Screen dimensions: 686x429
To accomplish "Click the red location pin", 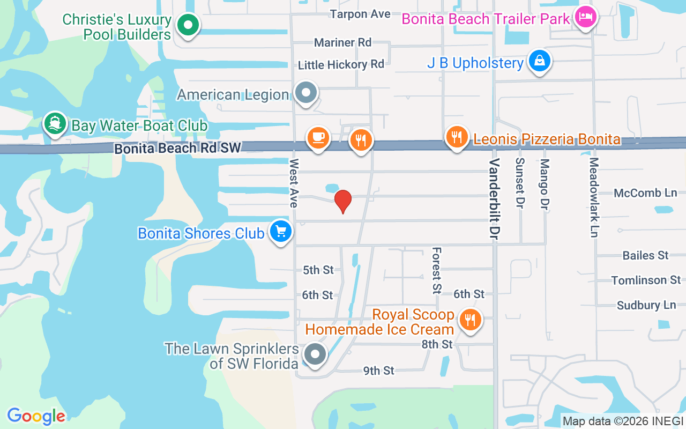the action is [343, 201].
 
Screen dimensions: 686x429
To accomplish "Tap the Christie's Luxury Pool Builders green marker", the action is [188, 25].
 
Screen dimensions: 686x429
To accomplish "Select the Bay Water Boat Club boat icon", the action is [55, 124].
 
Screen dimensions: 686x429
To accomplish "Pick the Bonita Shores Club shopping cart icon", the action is [280, 232].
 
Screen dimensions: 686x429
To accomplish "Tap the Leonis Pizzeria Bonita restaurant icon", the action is [457, 137].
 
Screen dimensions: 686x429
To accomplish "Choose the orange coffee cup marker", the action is [318, 138].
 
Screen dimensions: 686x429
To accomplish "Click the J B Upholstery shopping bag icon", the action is [540, 61].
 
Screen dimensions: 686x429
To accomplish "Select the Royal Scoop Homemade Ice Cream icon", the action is [470, 320].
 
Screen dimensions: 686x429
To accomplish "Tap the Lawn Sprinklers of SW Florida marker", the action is [315, 354].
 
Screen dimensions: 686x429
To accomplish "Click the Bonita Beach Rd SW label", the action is [178, 149].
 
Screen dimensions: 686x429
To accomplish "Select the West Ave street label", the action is [294, 183].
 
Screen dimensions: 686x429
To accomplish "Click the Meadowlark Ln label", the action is [593, 197].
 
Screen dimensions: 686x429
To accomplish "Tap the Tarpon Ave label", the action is [360, 14].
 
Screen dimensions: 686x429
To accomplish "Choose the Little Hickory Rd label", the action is [341, 65].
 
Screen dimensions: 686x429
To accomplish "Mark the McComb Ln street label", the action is [645, 193].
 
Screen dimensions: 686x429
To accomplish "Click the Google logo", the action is [36, 416].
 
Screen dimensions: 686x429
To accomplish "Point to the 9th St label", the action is [378, 371].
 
